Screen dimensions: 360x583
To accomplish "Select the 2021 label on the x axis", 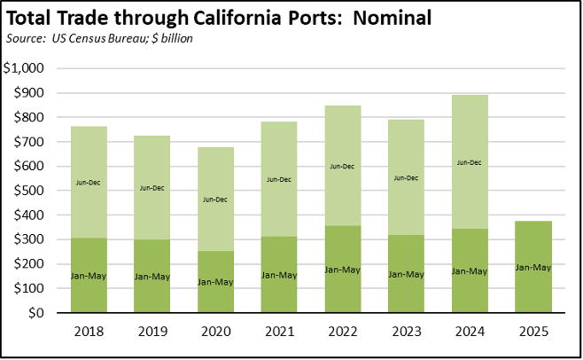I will click(x=279, y=333).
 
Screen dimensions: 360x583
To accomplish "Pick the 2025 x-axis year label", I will click(x=533, y=333).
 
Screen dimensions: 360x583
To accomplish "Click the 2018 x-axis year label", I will click(x=89, y=333).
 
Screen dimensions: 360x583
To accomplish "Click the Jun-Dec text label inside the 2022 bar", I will click(x=343, y=166).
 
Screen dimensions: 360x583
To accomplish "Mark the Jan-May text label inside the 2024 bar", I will click(x=470, y=270).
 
